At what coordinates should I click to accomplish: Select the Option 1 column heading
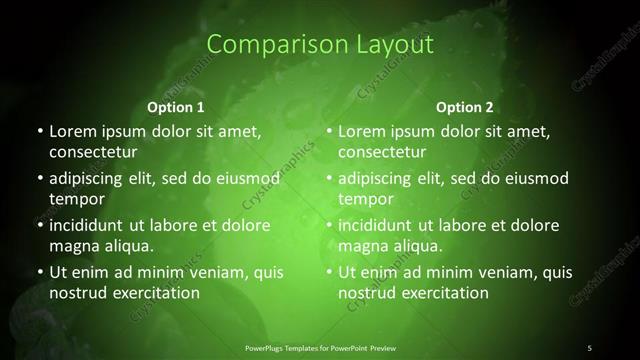click(176, 107)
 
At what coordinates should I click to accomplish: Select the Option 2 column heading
click(465, 107)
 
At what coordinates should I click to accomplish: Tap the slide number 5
click(589, 347)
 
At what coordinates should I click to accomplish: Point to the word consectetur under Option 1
click(92, 152)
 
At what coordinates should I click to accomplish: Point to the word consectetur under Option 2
click(382, 152)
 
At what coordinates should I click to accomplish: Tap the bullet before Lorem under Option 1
click(38, 132)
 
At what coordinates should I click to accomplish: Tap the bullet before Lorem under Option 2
click(328, 132)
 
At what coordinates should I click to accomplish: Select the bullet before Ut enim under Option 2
click(328, 273)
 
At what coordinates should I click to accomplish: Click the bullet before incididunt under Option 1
click(38, 226)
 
